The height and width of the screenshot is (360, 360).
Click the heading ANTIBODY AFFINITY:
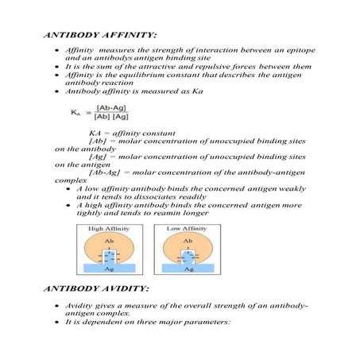click(91, 36)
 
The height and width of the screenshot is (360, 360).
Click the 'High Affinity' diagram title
click(113, 229)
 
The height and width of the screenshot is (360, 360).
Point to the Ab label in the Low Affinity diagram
click(188, 239)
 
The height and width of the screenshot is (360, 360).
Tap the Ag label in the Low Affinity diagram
click(188, 269)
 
